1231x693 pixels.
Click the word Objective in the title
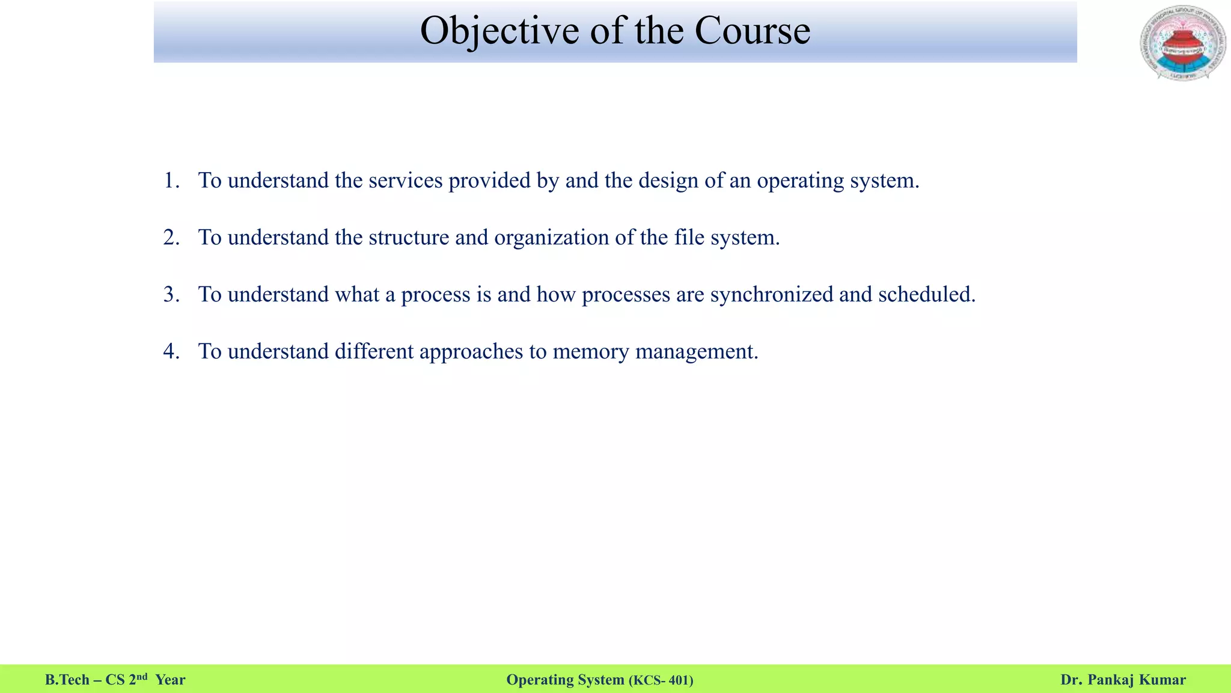point(499,31)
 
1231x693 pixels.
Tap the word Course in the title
point(753,31)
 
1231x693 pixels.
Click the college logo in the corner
point(1183,43)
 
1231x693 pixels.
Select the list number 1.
point(171,180)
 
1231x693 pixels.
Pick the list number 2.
point(171,238)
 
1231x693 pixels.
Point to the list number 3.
point(171,294)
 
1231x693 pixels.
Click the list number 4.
point(171,351)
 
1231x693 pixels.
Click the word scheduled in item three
point(926,294)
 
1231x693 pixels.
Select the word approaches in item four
point(471,352)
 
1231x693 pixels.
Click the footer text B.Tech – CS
point(85,680)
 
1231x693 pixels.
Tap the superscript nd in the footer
point(142,677)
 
